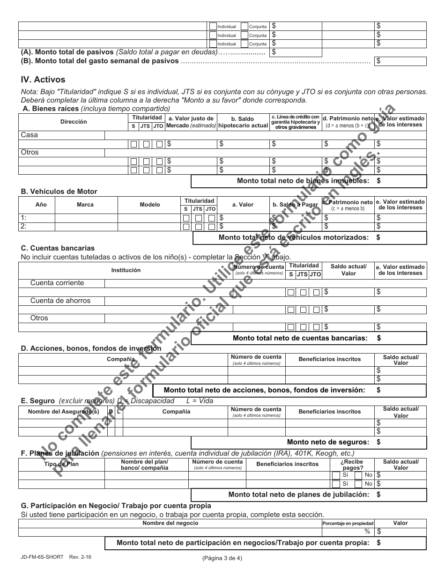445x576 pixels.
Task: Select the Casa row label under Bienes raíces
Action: click(30, 135)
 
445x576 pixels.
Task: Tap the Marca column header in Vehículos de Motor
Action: click(85, 205)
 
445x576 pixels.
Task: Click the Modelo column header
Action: click(150, 205)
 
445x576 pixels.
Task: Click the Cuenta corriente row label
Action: click(57, 283)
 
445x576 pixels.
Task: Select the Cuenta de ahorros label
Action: click(60, 301)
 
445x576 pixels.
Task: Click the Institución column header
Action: click(126, 270)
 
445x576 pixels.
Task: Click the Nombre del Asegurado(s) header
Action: click(64, 412)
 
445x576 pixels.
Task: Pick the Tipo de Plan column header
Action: click(61, 464)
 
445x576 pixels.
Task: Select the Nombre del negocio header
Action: click(170, 523)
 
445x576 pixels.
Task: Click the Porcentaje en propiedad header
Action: click(348, 524)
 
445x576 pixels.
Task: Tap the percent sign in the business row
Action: click(368, 532)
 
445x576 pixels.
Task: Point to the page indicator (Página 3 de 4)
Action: click(222, 558)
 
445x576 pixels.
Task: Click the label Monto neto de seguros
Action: click(328, 442)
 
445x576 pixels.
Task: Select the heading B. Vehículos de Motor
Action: click(59, 192)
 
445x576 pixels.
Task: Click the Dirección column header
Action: click(74, 122)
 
